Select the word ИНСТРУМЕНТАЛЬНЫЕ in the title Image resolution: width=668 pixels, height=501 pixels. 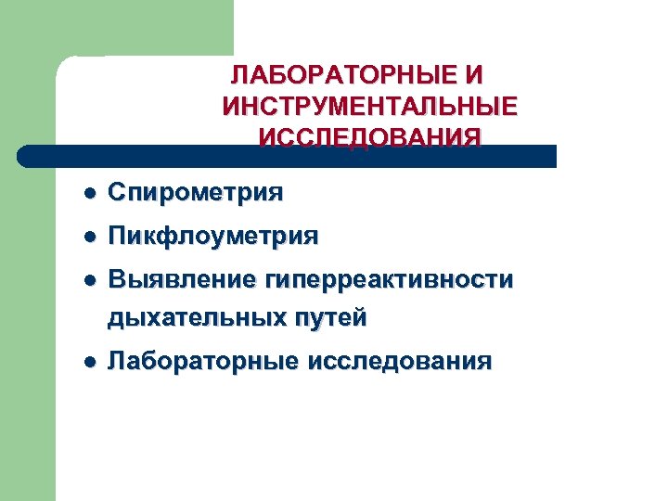pyautogui.click(x=370, y=106)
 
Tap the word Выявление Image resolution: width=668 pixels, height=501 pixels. pyautogui.click(x=181, y=279)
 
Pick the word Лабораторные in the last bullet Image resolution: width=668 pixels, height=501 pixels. pyautogui.click(x=200, y=361)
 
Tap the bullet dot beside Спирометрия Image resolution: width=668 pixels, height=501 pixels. pyautogui.click(x=87, y=194)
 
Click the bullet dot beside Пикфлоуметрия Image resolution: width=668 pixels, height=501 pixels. pyautogui.click(x=87, y=237)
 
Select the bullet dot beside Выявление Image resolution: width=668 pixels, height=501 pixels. pyautogui.click(x=87, y=280)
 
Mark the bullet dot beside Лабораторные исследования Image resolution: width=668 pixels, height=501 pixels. pyautogui.click(x=87, y=362)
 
